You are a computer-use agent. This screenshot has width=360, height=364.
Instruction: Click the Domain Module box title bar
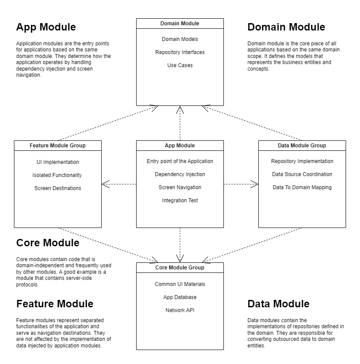[180, 23]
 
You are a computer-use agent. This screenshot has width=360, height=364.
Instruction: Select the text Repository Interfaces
[180, 52]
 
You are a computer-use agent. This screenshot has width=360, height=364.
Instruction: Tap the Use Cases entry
[180, 65]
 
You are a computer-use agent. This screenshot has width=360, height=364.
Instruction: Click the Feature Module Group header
[58, 145]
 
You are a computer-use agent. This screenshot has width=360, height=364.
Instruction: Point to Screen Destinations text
[58, 188]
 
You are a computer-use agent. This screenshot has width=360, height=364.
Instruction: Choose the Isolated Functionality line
[57, 175]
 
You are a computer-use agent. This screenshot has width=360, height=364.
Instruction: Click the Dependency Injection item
[180, 174]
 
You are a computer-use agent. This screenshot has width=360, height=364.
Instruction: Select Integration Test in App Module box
[180, 201]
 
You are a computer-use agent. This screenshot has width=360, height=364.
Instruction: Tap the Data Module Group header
[302, 145]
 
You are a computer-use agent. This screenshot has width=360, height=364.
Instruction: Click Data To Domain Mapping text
[302, 187]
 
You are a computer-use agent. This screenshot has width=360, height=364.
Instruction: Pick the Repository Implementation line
[302, 161]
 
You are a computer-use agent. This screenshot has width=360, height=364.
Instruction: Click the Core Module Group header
[180, 267]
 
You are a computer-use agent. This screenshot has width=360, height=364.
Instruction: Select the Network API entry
[180, 310]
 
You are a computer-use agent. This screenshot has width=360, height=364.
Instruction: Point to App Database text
[180, 297]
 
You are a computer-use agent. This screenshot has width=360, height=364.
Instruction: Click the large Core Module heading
[48, 243]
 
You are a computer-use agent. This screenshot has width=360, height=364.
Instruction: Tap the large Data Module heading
[278, 304]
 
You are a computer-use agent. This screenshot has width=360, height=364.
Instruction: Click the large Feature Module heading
[55, 304]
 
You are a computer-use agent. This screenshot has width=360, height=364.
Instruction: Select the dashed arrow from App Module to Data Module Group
[241, 184]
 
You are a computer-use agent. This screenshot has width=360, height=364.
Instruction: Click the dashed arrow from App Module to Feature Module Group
[119, 184]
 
